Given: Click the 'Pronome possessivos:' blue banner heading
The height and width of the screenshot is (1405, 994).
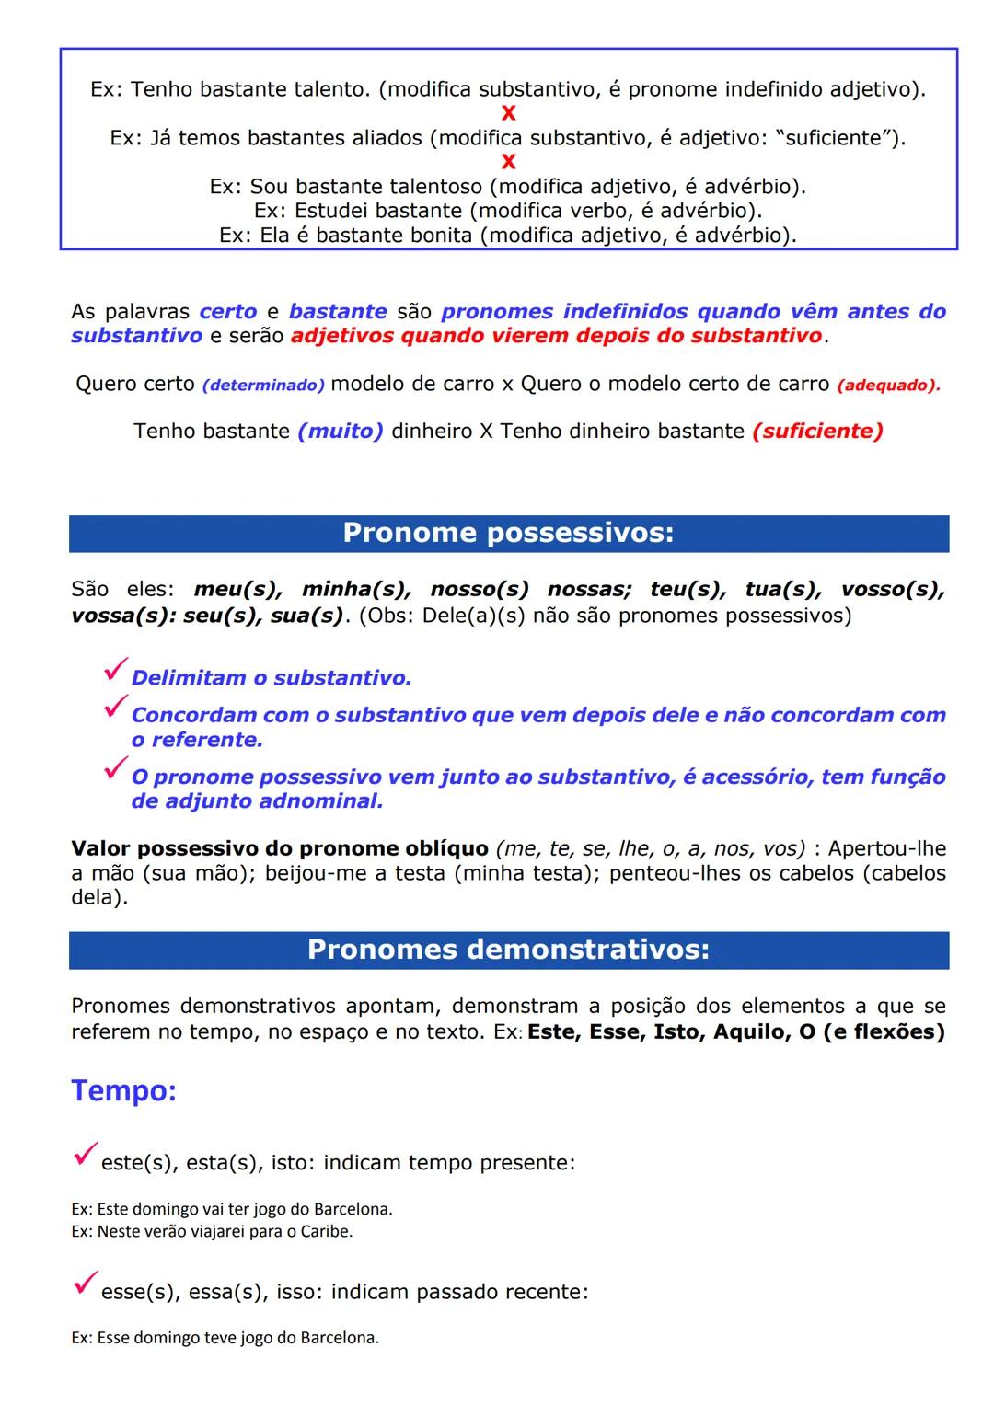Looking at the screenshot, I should click(508, 534).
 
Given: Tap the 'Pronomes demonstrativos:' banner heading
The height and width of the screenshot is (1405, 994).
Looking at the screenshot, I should click(508, 950).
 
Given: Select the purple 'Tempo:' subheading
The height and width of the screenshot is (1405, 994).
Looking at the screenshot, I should click(123, 1090).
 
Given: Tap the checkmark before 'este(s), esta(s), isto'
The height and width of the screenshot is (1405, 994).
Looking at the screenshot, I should click(86, 1154).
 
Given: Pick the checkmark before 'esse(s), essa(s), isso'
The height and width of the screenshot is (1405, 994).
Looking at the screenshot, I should click(86, 1283).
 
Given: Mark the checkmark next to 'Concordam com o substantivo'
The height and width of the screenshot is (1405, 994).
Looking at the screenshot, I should click(116, 708).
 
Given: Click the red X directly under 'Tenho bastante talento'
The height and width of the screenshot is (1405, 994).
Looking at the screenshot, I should click(508, 113).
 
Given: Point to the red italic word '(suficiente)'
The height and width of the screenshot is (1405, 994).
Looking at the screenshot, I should click(817, 431).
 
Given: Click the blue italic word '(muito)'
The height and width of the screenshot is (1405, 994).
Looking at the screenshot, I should click(341, 431).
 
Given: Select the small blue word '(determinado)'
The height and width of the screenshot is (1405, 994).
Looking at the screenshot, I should click(263, 385).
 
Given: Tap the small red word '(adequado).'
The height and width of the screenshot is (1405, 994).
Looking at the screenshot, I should click(888, 385).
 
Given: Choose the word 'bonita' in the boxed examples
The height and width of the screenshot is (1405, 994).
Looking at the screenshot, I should click(440, 235).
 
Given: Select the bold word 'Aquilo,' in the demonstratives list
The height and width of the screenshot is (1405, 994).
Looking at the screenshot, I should click(751, 1031).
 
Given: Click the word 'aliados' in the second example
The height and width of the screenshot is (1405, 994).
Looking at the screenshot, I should click(385, 138).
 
